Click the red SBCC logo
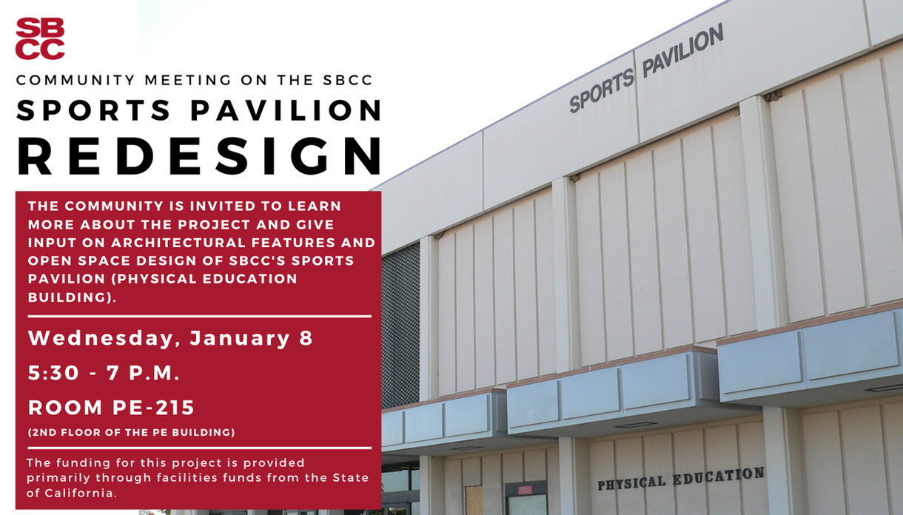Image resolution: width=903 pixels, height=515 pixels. point(40,38)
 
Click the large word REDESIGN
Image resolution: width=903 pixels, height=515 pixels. point(199,156)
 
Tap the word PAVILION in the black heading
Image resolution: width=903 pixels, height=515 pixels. point(286,110)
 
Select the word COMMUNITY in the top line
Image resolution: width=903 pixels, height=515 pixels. point(75,80)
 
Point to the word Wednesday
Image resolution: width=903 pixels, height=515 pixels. point(101,338)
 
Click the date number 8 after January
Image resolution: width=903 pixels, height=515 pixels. point(306,338)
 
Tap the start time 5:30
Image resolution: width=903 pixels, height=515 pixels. point(53,373)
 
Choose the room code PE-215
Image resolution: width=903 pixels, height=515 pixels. point(153,408)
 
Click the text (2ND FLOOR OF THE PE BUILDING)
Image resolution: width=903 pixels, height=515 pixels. point(132,432)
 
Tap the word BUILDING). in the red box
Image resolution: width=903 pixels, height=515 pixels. point(72,297)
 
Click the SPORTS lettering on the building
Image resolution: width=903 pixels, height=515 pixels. point(602,90)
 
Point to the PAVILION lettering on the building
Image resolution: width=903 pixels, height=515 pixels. point(683,50)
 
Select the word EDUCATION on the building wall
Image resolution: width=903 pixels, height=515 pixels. point(719,476)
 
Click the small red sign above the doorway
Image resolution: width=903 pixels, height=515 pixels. point(525,490)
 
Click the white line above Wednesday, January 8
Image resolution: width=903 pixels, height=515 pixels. point(200,317)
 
